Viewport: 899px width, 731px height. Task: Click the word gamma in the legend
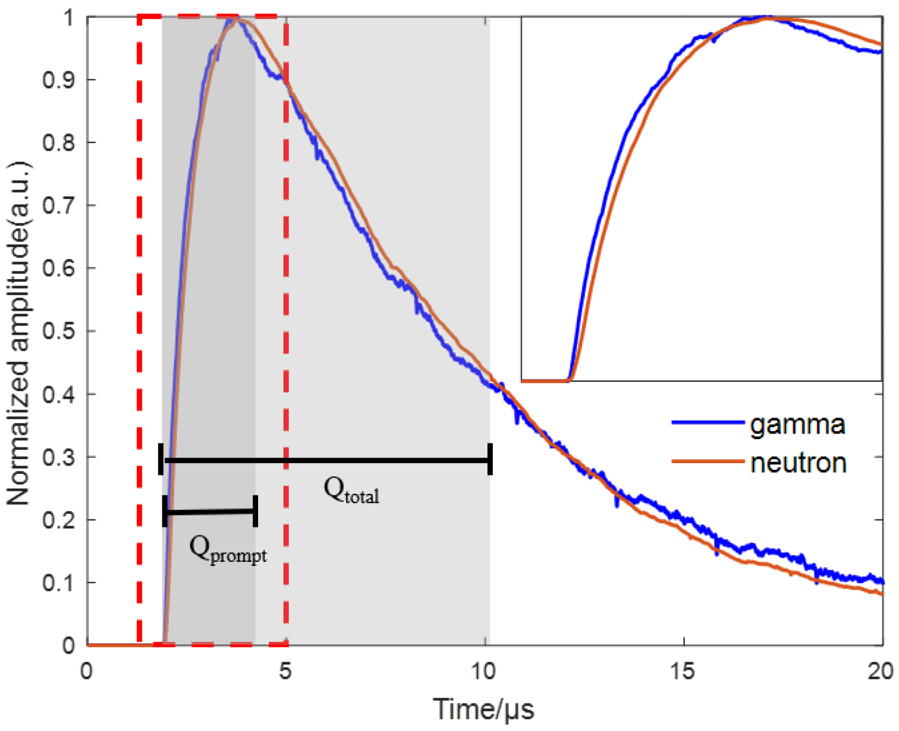(797, 424)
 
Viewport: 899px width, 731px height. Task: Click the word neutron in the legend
(798, 463)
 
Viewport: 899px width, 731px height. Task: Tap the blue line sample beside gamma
(707, 422)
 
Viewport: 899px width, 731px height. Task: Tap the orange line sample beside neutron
(707, 461)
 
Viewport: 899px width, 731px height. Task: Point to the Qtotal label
(351, 490)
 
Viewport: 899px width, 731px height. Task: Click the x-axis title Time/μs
(483, 709)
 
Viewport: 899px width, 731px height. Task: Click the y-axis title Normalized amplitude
(19, 332)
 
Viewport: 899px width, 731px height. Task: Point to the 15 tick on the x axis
(682, 672)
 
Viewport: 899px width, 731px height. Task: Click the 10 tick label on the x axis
(484, 672)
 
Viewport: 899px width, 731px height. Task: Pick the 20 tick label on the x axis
(880, 672)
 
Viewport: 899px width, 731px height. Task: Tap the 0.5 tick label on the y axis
(58, 331)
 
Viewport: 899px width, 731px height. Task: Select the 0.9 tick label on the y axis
(58, 80)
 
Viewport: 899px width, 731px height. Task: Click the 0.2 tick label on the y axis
(58, 520)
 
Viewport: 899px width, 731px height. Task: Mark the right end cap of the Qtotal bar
(490, 459)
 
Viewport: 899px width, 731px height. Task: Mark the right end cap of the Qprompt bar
(255, 511)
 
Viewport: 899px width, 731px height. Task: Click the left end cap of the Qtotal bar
(161, 459)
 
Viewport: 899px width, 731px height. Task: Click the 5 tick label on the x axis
(285, 672)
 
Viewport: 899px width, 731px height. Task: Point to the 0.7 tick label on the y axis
(58, 205)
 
